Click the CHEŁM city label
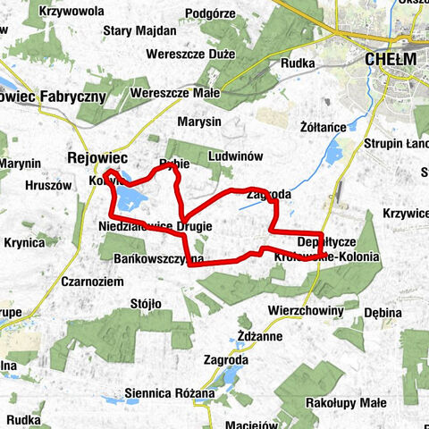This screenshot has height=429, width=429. pyautogui.click(x=391, y=58)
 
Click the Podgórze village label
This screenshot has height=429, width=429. pyautogui.click(x=207, y=13)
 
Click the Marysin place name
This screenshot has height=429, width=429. pyautogui.click(x=198, y=122)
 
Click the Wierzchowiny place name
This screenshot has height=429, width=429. pyautogui.click(x=307, y=310)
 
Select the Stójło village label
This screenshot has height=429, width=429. pyautogui.click(x=146, y=304)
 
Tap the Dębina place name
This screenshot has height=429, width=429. pyautogui.click(x=383, y=312)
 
